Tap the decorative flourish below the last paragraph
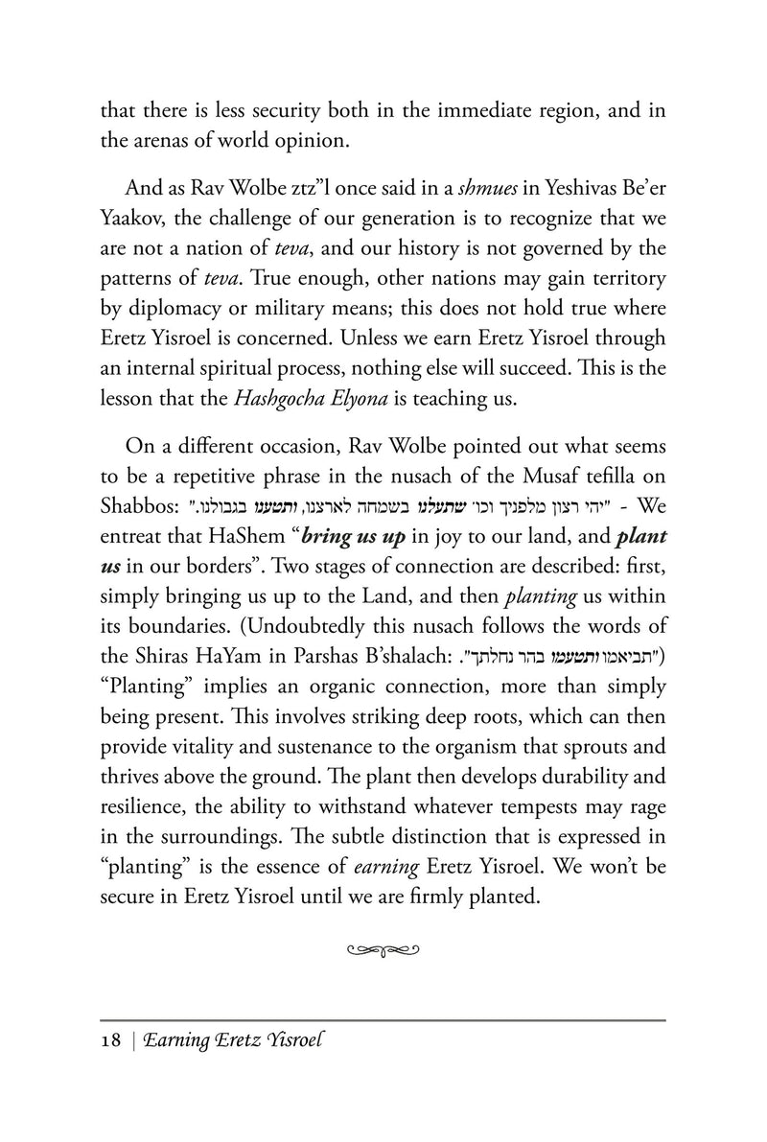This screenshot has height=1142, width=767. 383,949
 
